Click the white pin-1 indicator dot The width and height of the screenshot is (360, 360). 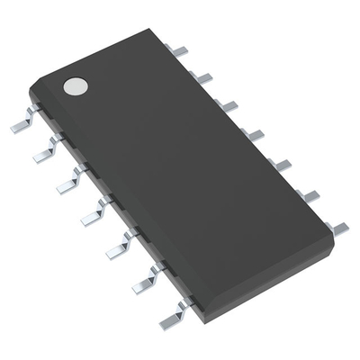[76, 86]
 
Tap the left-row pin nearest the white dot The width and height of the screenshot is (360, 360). [22, 124]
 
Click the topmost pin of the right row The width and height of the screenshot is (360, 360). [180, 51]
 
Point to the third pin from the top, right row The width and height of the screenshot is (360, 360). [229, 105]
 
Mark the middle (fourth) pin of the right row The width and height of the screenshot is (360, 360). [255, 134]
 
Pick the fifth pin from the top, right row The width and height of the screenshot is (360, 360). [282, 164]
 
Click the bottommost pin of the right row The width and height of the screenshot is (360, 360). [338, 228]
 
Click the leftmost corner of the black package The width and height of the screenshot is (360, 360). [30, 90]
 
